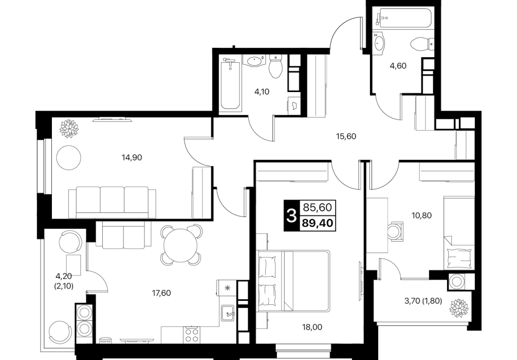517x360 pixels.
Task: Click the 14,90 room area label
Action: coord(132,158)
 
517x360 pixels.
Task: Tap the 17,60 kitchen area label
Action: coord(161,293)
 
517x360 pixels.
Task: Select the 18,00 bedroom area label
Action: coord(312,327)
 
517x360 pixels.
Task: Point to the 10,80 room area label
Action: coord(422,215)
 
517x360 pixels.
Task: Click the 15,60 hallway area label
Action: coord(346,136)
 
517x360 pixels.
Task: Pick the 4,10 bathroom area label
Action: coord(262,92)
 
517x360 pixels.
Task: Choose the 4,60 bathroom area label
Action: coord(398,66)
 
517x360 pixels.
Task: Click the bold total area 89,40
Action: coord(318,224)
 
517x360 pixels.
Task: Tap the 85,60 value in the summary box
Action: coord(318,208)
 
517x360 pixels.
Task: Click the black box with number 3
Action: coord(291,216)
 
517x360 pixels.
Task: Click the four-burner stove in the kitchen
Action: coord(192,335)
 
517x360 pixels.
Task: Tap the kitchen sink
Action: coord(228,312)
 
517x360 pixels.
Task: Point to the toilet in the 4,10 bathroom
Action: coord(275,67)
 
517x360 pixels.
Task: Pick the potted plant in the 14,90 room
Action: coord(68,129)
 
